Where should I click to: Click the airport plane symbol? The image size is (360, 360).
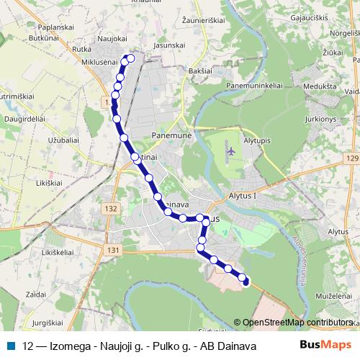pos(230,151)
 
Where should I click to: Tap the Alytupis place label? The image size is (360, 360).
pos(259,141)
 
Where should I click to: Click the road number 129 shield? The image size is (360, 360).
pos(351,158)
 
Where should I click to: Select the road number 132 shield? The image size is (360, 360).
pos(110,208)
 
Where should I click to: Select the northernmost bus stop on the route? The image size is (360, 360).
pos(130,58)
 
